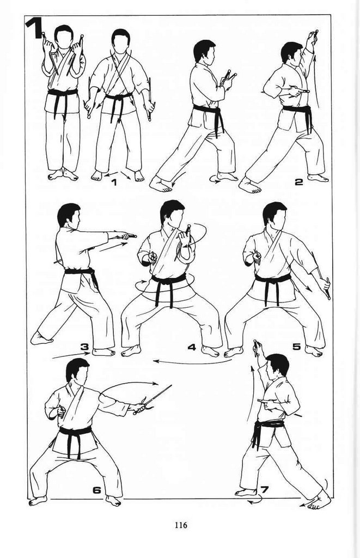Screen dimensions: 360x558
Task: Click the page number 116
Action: [180, 525]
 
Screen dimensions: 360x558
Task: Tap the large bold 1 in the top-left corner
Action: [35, 28]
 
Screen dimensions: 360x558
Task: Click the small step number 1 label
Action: [114, 182]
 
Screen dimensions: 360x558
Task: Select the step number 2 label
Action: [298, 182]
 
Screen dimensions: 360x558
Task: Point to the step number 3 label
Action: [84, 346]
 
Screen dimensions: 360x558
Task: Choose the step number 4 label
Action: [192, 347]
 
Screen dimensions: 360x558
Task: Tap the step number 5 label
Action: [297, 346]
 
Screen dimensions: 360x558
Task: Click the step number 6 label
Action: [97, 490]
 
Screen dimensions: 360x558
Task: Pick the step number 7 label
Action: [264, 490]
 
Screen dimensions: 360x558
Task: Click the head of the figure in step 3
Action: [69, 215]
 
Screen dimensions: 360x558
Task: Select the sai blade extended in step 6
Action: [156, 396]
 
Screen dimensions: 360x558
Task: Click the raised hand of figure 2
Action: [313, 37]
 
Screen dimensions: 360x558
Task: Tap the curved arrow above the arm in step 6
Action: [130, 385]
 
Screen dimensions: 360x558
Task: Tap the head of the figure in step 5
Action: [274, 214]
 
